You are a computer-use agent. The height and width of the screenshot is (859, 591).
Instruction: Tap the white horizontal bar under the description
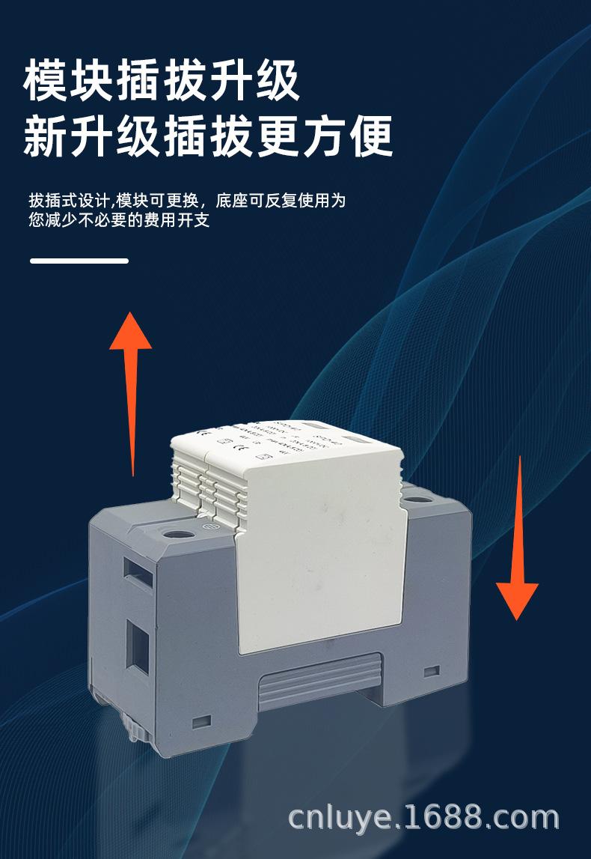(x=79, y=261)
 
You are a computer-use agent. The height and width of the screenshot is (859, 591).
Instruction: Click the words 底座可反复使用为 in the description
(x=281, y=201)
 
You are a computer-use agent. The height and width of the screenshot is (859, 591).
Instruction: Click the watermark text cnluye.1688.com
(x=423, y=819)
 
